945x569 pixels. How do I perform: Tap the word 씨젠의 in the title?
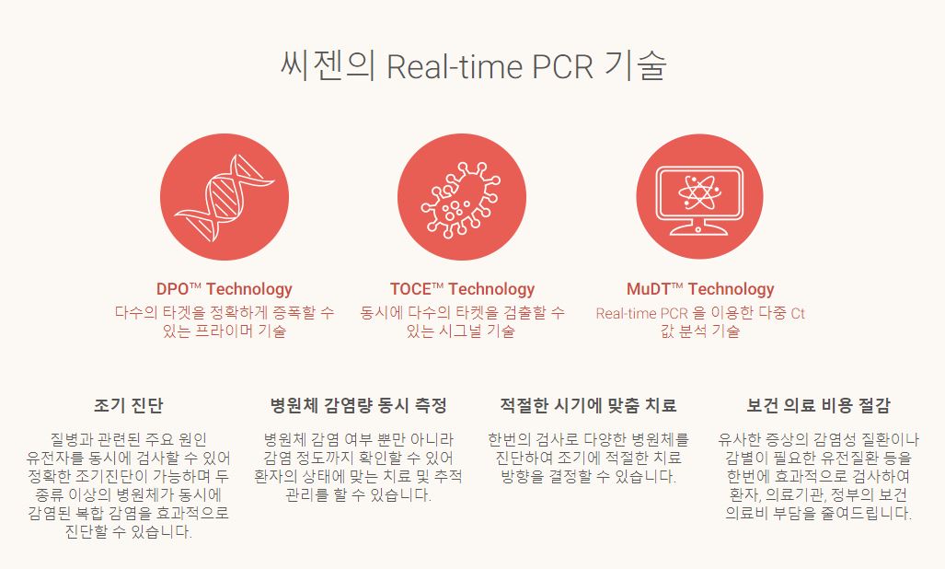pyautogui.click(x=327, y=67)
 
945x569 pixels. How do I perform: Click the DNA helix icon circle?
pyautogui.click(x=224, y=196)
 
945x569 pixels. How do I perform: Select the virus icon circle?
pyautogui.click(x=461, y=196)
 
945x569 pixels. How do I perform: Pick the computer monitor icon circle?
pyautogui.click(x=698, y=196)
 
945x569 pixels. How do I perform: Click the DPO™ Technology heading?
pyautogui.click(x=224, y=289)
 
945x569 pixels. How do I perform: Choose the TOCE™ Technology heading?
pyautogui.click(x=462, y=289)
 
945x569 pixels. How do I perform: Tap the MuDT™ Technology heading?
pyautogui.click(x=700, y=289)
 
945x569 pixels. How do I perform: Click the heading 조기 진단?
pyautogui.click(x=128, y=405)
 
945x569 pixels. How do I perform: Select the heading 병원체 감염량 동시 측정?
pyautogui.click(x=358, y=405)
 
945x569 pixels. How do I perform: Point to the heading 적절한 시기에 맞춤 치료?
pyautogui.click(x=588, y=405)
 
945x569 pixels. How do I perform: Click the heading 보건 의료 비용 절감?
pyautogui.click(x=818, y=405)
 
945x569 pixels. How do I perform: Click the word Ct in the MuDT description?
pyautogui.click(x=797, y=313)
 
